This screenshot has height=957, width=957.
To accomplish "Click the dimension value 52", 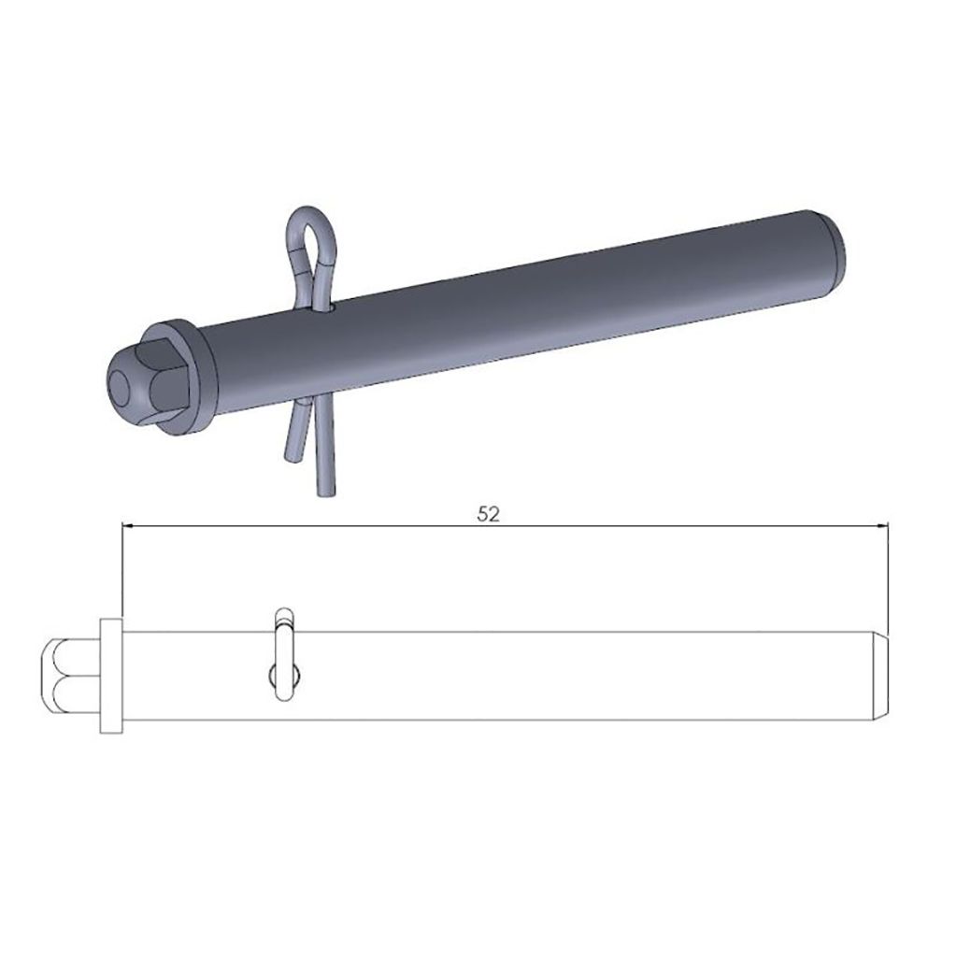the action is click(488, 514).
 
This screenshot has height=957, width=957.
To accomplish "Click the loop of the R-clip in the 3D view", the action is click(310, 226).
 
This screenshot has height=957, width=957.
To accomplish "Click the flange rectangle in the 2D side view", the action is click(111, 675).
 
